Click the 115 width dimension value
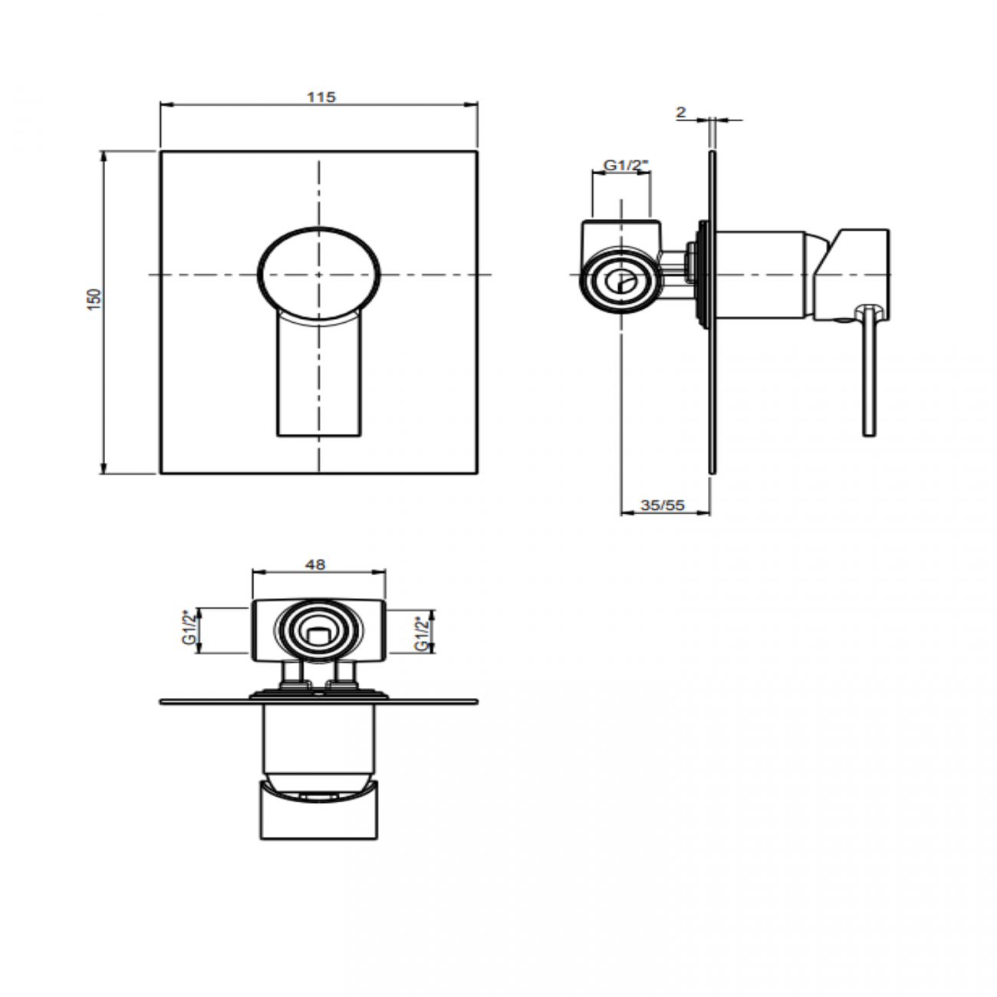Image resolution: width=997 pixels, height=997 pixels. [x=321, y=97]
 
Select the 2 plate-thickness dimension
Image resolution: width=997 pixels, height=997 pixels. [x=680, y=112]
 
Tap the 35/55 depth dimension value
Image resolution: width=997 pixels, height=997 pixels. [x=663, y=505]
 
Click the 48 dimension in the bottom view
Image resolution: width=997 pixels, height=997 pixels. [x=315, y=564]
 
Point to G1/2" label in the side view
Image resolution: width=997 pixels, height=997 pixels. [x=626, y=165]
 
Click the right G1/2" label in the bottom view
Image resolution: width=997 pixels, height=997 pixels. [x=420, y=633]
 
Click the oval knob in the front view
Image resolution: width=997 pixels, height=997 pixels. [x=319, y=272]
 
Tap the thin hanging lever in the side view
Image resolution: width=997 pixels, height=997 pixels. [x=868, y=376]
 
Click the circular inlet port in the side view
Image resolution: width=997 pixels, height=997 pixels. [x=620, y=281]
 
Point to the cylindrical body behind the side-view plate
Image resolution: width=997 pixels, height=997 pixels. [x=759, y=274]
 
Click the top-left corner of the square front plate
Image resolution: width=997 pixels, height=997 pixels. [x=161, y=152]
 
